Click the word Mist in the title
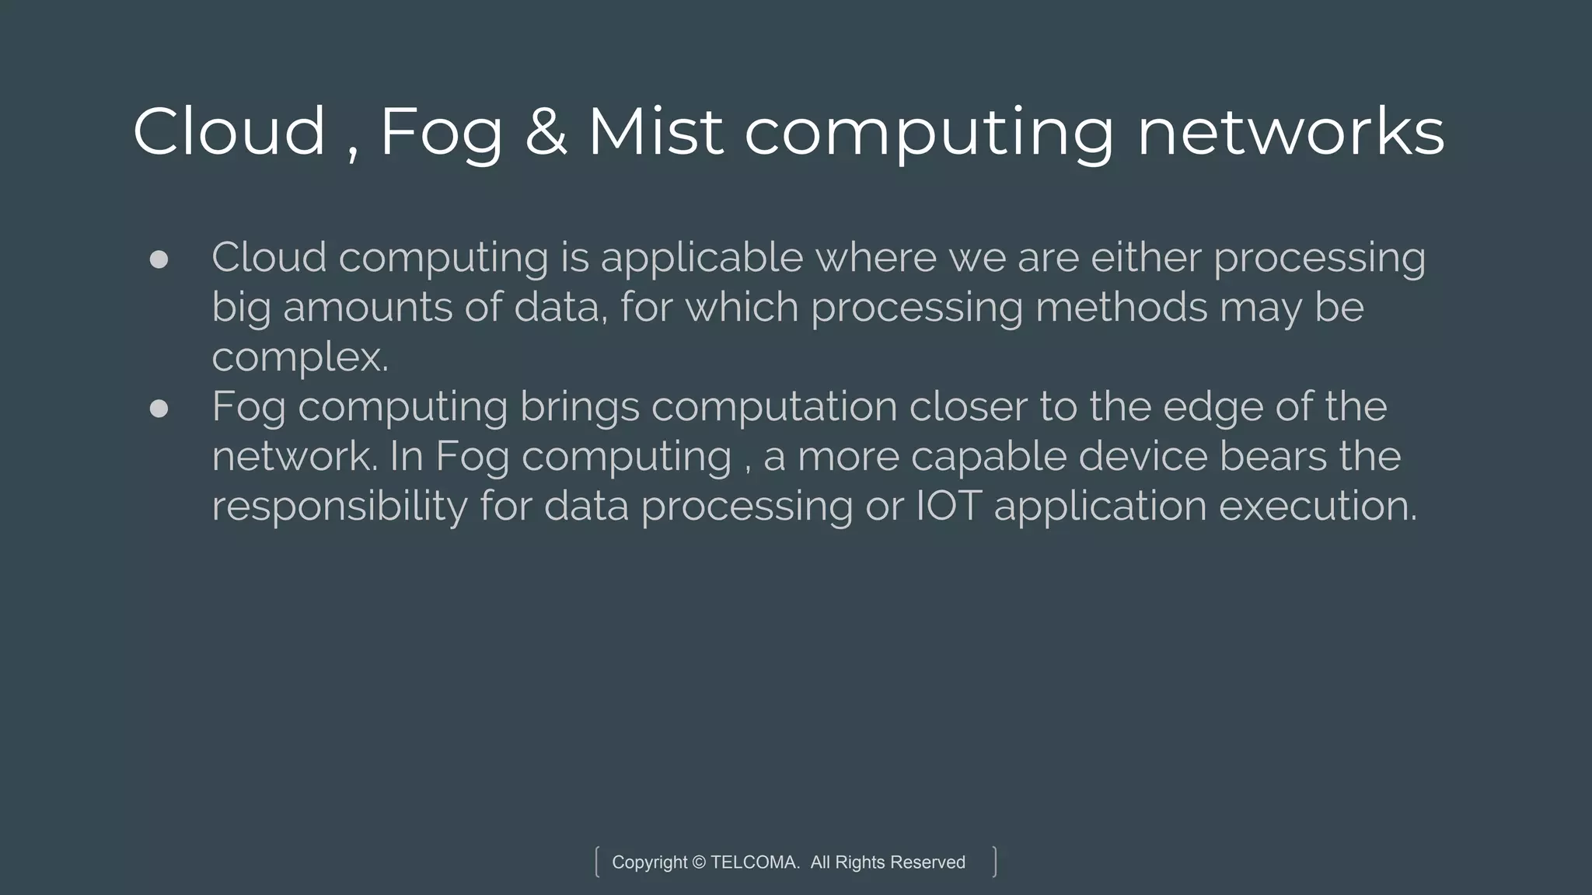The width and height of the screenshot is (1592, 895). (x=655, y=132)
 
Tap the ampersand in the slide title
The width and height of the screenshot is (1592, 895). (x=546, y=132)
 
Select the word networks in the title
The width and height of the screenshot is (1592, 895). (x=1290, y=132)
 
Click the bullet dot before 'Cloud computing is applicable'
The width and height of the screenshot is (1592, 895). (x=159, y=259)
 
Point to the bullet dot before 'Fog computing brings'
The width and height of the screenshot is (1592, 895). (x=159, y=409)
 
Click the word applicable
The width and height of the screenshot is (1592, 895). (x=701, y=258)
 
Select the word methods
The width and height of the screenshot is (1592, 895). (x=1121, y=308)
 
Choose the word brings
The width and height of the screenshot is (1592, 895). (x=579, y=407)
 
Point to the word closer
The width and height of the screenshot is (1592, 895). (x=968, y=407)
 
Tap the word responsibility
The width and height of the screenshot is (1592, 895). (x=340, y=507)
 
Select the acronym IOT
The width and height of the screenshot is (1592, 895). (x=948, y=507)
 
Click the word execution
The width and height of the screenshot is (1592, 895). (x=1318, y=507)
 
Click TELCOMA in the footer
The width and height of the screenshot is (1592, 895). (x=754, y=862)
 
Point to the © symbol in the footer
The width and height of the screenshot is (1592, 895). (x=699, y=862)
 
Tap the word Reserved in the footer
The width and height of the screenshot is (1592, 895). (x=927, y=862)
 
